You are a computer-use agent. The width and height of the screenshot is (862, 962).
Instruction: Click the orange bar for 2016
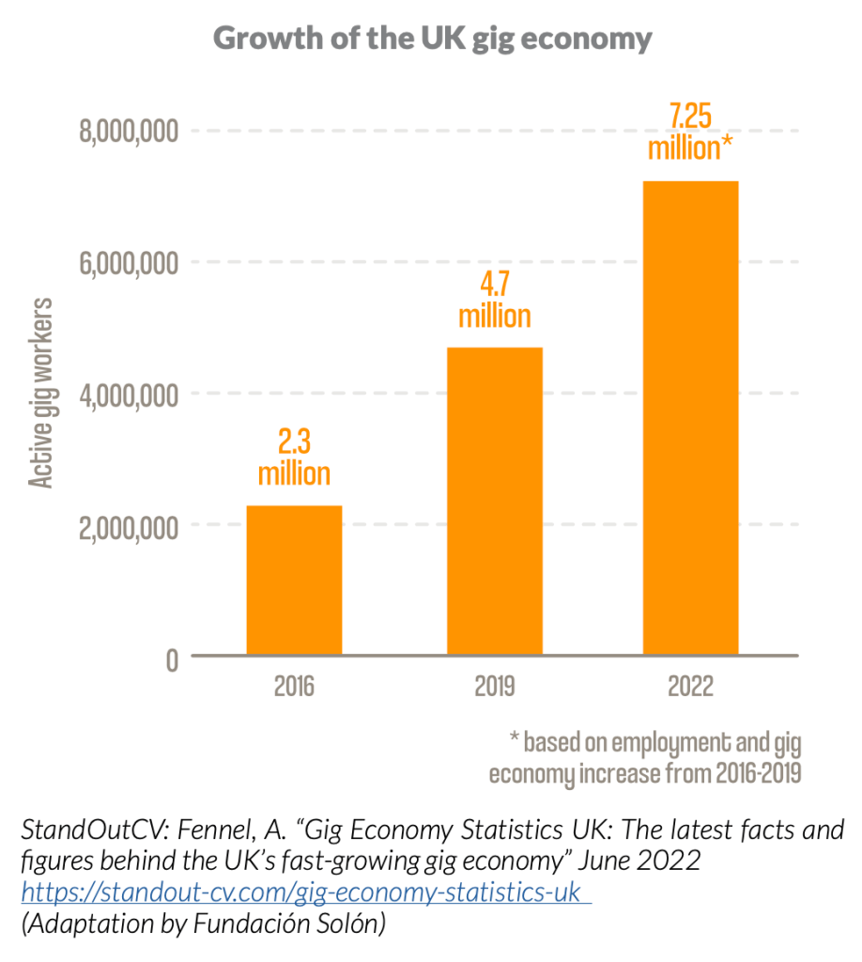pos(294,580)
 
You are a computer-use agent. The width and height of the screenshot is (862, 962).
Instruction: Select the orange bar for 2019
pos(495,501)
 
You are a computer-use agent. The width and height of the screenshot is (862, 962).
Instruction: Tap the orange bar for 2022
pos(690,417)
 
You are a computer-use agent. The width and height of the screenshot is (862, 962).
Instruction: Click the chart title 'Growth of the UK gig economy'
pos(432,39)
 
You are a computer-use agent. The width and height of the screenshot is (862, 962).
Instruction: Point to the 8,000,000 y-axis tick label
pos(129,132)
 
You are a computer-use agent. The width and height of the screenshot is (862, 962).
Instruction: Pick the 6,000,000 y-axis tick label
pos(129,264)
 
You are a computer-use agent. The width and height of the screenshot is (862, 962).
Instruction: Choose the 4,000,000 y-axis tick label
pos(129,395)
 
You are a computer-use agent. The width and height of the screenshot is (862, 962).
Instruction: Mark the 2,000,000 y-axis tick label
pos(129,526)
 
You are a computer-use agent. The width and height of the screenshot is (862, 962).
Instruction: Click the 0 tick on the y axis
pos(171,659)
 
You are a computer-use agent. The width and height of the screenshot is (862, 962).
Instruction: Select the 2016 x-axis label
pos(294,687)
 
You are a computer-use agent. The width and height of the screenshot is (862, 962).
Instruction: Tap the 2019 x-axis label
pos(495,687)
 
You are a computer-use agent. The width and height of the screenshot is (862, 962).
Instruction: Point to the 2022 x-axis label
pos(690,687)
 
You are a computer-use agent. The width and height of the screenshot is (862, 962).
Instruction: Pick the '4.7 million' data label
pos(495,300)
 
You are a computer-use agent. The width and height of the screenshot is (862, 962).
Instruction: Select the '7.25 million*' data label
pos(690,132)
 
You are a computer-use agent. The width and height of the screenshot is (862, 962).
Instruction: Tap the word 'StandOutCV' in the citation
pos(76,830)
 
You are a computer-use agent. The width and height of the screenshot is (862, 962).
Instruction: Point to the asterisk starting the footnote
pos(514,741)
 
